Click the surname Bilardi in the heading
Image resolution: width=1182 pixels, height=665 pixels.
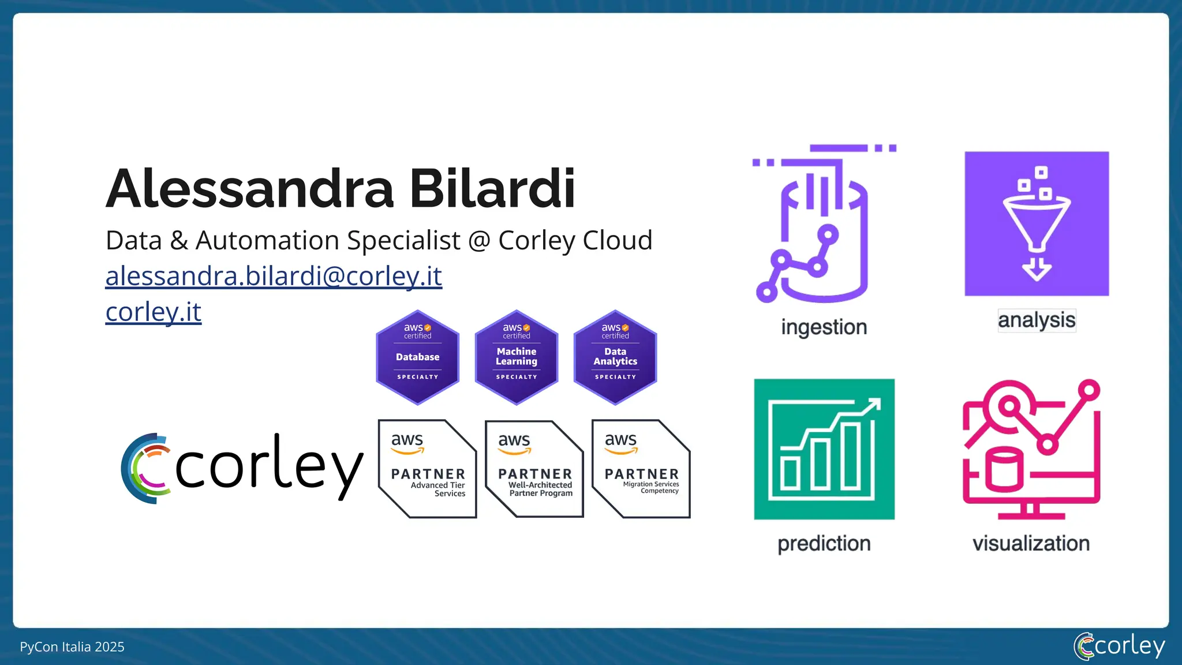pyautogui.click(x=492, y=189)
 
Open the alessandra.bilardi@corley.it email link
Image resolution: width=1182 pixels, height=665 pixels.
pyautogui.click(x=274, y=276)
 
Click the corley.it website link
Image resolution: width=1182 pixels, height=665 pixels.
pyautogui.click(x=153, y=312)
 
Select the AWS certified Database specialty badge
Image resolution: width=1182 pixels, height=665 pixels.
pyautogui.click(x=417, y=357)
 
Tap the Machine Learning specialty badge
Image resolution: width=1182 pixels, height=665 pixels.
pyautogui.click(x=517, y=357)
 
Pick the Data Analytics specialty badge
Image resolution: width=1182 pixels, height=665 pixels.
pyautogui.click(x=615, y=357)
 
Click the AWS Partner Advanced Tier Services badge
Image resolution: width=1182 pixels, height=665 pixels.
pyautogui.click(x=427, y=469)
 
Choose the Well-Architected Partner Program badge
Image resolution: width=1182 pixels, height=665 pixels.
pyautogui.click(x=534, y=469)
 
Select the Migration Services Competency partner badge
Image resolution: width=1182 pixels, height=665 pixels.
pyautogui.click(x=641, y=469)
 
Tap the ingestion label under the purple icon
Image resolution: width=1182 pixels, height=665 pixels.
pyautogui.click(x=824, y=327)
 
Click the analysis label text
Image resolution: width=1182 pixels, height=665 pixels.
pyautogui.click(x=1037, y=320)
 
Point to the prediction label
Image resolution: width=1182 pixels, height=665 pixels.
pyautogui.click(x=824, y=544)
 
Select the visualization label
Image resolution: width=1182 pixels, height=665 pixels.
pyautogui.click(x=1031, y=544)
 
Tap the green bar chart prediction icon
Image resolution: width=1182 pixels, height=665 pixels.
pyautogui.click(x=824, y=449)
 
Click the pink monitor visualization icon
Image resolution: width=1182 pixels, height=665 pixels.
pyautogui.click(x=1031, y=449)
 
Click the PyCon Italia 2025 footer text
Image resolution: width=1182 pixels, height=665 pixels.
pyautogui.click(x=72, y=647)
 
